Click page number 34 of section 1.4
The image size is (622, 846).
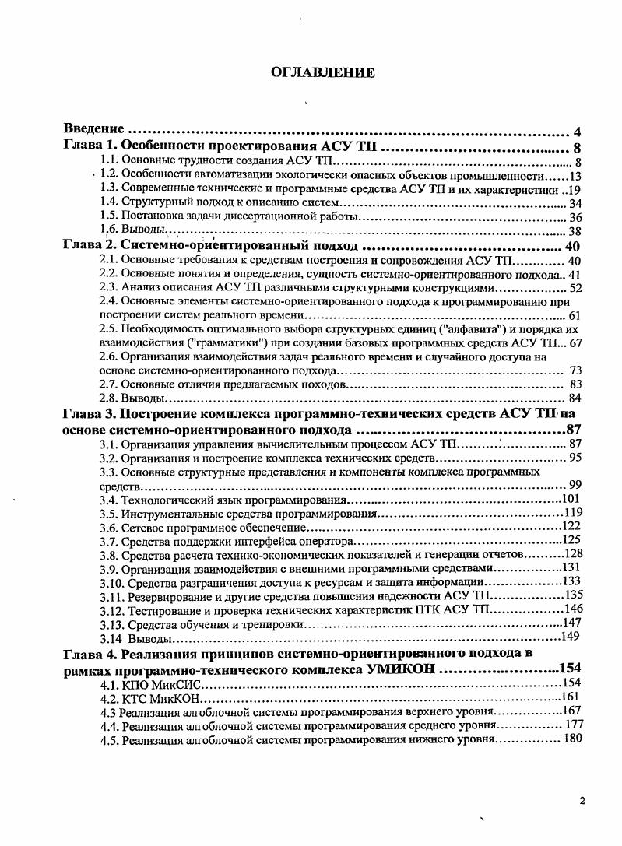coord(575,205)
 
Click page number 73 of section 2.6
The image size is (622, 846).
coord(575,370)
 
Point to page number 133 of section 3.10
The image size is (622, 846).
coord(572,581)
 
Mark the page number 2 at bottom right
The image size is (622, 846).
coord(582,800)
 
